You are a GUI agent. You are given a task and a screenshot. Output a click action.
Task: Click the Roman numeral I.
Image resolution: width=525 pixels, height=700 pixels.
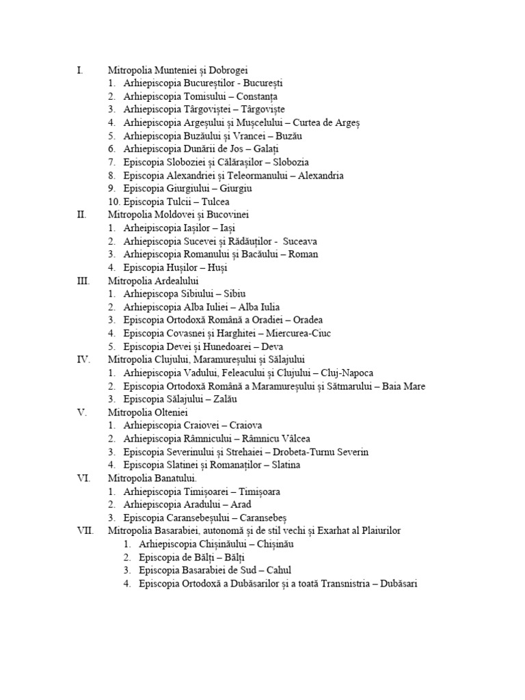[80, 70]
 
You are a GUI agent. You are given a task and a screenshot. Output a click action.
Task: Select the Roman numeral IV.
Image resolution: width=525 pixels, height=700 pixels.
[82, 359]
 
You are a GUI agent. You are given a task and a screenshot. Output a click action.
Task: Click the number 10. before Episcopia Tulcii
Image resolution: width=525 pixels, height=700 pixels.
[114, 202]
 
